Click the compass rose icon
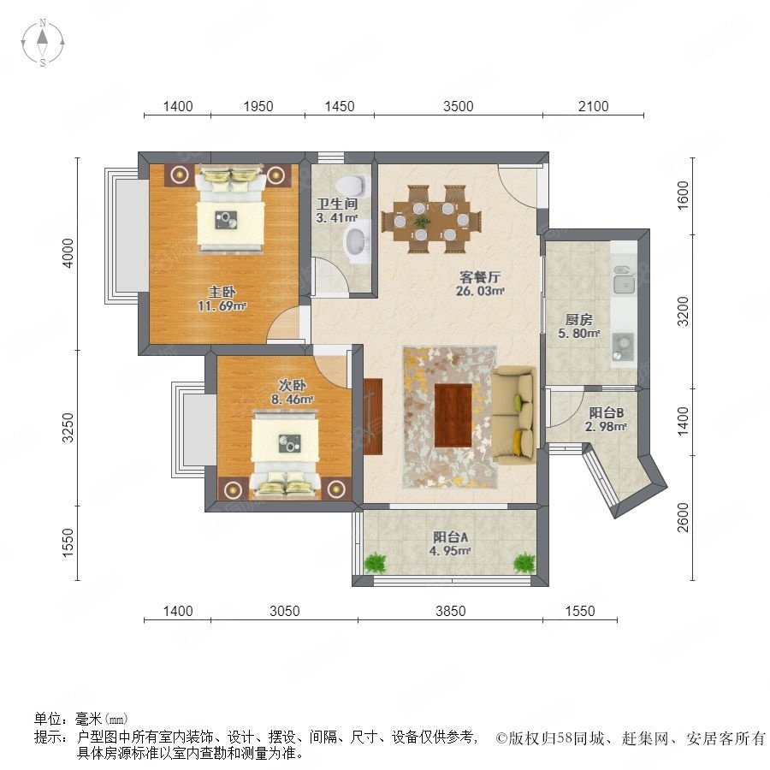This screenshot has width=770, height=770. (x=43, y=43)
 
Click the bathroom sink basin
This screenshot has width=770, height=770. (x=357, y=242)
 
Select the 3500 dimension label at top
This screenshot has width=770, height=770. (x=459, y=106)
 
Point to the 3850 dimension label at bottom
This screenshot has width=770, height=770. (x=450, y=611)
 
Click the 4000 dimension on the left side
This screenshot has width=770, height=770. (x=68, y=253)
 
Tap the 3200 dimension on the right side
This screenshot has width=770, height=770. (x=683, y=311)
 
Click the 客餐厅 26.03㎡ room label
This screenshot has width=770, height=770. (x=480, y=284)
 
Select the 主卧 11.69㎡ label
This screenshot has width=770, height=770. (x=222, y=299)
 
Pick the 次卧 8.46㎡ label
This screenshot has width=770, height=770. (x=293, y=392)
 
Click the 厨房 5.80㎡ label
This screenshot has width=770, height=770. (x=579, y=327)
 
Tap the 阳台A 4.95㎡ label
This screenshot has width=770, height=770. (x=450, y=543)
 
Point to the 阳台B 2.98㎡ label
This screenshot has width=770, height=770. (x=606, y=419)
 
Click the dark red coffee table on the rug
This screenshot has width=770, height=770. (x=453, y=416)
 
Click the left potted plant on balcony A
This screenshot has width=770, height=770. (x=376, y=563)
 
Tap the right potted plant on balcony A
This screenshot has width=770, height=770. (x=524, y=563)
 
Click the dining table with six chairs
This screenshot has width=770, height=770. (x=431, y=219)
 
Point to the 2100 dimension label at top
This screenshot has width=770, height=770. (x=593, y=106)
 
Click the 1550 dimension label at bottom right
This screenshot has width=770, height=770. (x=580, y=611)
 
